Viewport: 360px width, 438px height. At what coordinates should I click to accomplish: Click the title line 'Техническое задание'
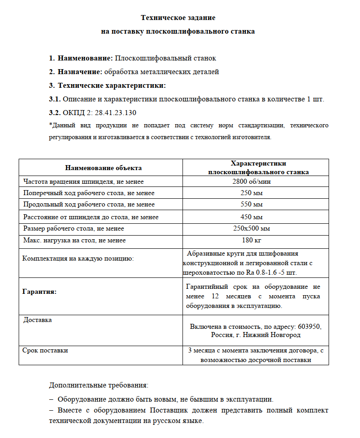coord(178,18)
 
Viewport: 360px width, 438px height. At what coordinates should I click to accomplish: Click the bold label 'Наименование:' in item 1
coord(85,58)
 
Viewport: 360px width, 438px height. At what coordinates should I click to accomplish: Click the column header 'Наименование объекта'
coord(103,168)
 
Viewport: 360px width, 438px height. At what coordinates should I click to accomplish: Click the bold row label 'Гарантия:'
coord(40,292)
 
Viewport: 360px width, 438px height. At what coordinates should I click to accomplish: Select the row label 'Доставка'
coord(37,320)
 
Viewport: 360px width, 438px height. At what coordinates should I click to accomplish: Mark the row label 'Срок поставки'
coord(45,351)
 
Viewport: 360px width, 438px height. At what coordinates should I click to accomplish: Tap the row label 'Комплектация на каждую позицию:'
coord(77,258)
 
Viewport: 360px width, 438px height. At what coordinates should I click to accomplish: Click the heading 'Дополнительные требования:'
coord(98,385)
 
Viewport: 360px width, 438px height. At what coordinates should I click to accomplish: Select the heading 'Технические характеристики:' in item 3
coord(112,86)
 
